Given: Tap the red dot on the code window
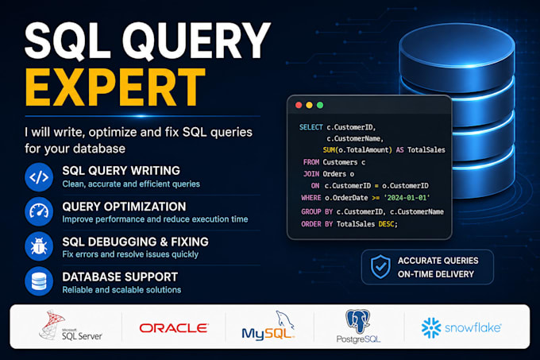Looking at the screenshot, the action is point(299,105).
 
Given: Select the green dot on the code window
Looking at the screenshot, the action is point(320,105).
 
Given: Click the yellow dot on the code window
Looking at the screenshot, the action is point(309,105).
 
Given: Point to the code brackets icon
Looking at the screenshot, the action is point(39,177).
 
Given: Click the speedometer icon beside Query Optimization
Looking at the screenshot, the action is point(39,211).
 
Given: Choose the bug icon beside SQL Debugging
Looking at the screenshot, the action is point(39,246).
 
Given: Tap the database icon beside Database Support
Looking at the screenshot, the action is point(39,281).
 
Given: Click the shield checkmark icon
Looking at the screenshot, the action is point(380,267).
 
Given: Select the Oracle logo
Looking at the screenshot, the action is point(174,327).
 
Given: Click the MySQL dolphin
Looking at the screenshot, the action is point(284,319).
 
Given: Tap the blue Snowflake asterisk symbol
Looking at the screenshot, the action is point(431,327).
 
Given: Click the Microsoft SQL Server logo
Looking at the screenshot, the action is point(70,325).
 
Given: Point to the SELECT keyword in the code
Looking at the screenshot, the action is point(311,127).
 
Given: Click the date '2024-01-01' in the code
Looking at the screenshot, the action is point(407,198).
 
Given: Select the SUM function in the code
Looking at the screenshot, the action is point(329,150).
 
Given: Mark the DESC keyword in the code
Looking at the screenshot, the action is point(386,224).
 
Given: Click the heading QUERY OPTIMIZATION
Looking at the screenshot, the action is point(124,207).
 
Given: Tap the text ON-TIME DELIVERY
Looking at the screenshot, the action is point(436,274).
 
